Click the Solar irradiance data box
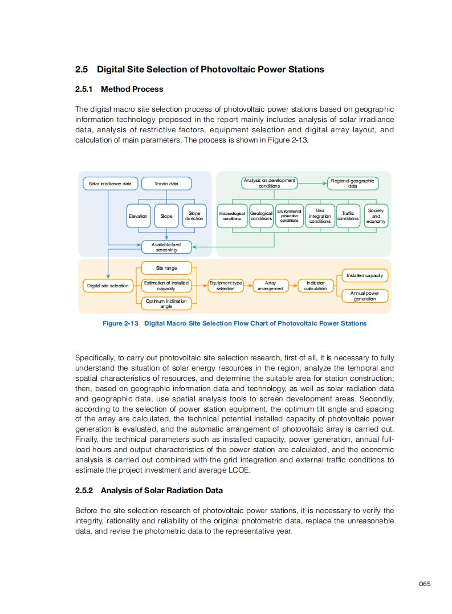110,184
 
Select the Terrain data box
166,184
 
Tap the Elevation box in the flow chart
138,216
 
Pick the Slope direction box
194,216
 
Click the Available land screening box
166,247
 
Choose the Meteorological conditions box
232,216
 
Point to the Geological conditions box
261,216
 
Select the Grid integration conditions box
320,216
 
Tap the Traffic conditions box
348,216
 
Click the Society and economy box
376,216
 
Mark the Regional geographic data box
353,184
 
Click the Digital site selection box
108,286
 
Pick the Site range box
166,268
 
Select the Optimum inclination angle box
166,303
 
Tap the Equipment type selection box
226,286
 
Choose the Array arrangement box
271,286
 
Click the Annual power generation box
365,296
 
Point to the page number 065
425,583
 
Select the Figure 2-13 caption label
120,323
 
